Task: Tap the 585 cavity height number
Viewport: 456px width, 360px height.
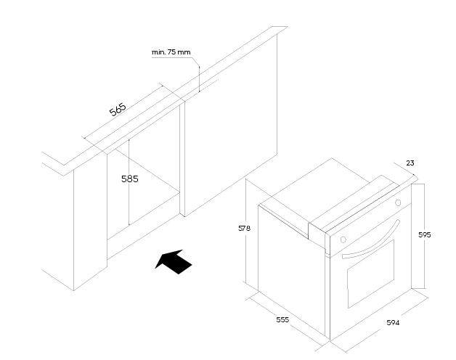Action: [129, 178]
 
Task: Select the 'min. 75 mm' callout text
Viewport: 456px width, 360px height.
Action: [171, 53]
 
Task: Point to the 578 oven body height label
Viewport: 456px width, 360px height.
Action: [244, 228]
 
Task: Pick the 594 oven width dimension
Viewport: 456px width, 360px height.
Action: [392, 322]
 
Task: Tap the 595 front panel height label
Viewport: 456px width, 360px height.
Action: [426, 234]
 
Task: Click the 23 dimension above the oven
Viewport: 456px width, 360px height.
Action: [409, 164]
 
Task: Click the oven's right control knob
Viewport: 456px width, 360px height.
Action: [397, 202]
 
